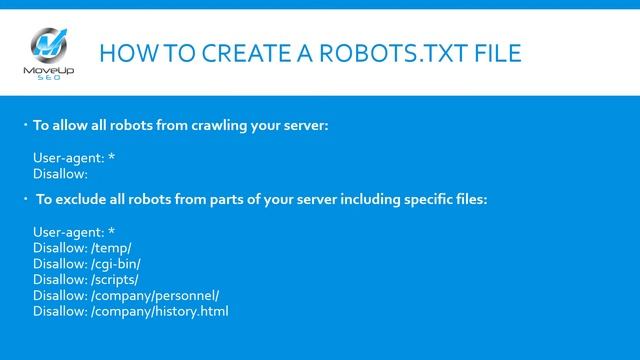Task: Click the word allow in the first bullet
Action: tap(68, 126)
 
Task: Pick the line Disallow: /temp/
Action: tap(82, 247)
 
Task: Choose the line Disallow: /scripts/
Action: tap(86, 279)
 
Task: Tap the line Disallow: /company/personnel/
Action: tap(126, 295)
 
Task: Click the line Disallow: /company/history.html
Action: tap(131, 311)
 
